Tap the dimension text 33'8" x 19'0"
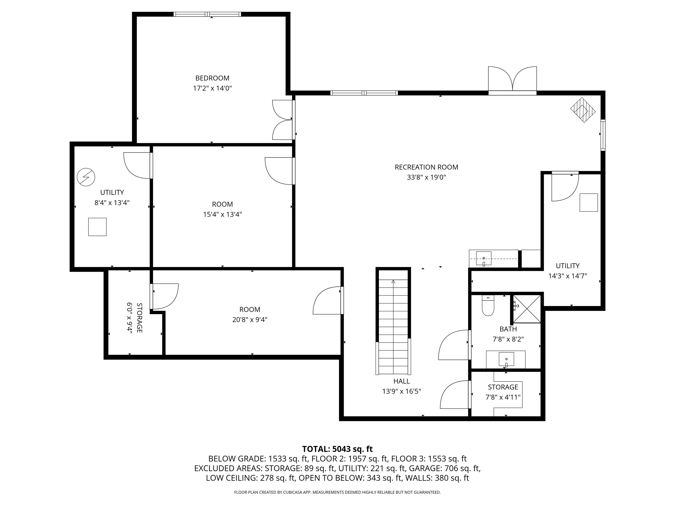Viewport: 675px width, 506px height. (x=426, y=177)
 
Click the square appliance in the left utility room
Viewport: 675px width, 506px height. (x=97, y=227)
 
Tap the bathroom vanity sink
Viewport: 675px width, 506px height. (x=506, y=359)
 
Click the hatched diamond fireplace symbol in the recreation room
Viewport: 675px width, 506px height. (x=583, y=110)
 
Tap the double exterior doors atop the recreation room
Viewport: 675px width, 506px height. (x=512, y=80)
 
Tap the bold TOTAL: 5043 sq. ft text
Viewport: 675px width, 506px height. (x=337, y=449)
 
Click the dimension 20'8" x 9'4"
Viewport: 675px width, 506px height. (x=249, y=320)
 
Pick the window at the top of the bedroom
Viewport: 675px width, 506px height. (x=207, y=14)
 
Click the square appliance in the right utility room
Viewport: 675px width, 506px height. (x=588, y=202)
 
